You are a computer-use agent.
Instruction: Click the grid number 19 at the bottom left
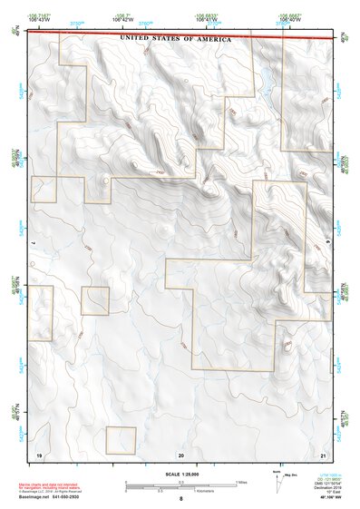(x=39, y=453)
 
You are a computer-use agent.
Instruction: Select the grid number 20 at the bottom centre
(x=181, y=453)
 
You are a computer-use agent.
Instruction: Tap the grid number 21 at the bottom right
(x=323, y=453)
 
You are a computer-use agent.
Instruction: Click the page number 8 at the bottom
(x=181, y=499)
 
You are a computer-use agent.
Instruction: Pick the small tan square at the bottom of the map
(x=121, y=440)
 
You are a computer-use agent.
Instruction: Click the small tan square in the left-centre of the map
(x=94, y=300)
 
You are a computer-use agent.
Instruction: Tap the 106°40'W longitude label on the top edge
(x=289, y=18)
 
